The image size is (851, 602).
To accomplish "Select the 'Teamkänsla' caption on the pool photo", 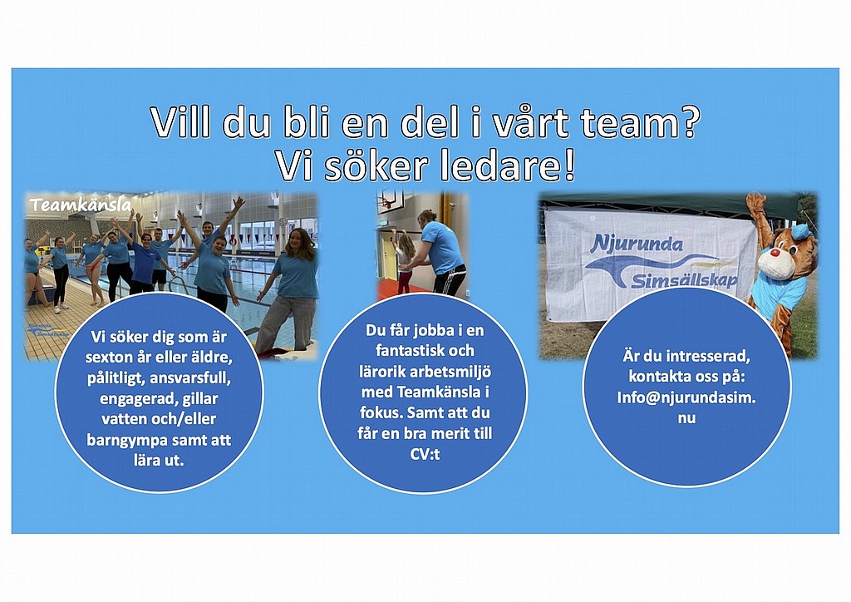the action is coord(81,205).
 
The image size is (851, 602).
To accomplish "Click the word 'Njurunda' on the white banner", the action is coord(636,243).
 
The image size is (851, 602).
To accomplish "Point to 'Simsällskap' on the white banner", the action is coord(685,280).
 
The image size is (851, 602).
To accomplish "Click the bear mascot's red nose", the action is coord(775,253).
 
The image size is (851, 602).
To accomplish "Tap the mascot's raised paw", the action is coord(755,203).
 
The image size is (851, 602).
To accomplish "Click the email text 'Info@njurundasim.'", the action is coord(686,397).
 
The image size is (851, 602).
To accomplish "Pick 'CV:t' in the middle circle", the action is coord(425,454).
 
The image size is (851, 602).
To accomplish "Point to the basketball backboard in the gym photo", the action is coord(391,200).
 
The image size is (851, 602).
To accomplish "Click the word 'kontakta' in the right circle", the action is coord(659,376).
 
